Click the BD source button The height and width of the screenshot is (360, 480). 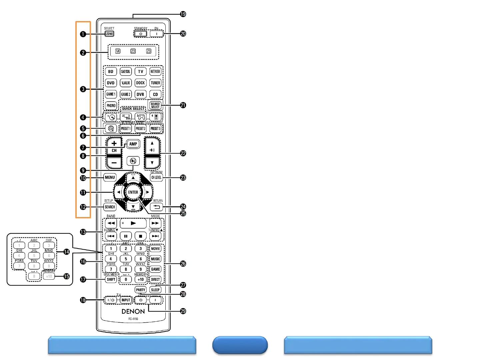point(111,72)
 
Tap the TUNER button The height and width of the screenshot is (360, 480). point(155,83)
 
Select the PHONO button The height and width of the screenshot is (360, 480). point(111,106)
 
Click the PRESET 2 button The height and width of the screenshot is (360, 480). point(140,129)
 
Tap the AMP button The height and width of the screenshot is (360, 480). point(133,144)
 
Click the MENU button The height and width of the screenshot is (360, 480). point(110,177)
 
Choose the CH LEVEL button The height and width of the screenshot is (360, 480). point(156,177)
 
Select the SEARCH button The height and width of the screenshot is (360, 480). point(110,207)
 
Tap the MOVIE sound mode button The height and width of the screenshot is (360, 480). point(155,249)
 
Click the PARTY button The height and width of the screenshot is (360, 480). point(140,290)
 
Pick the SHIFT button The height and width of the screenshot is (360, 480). point(111,280)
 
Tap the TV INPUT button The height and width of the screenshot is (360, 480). point(126,300)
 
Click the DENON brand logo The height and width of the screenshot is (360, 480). point(133,311)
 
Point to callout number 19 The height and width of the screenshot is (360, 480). point(183,14)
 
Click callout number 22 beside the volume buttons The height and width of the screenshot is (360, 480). point(183,153)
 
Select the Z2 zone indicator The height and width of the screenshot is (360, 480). point(133,51)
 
